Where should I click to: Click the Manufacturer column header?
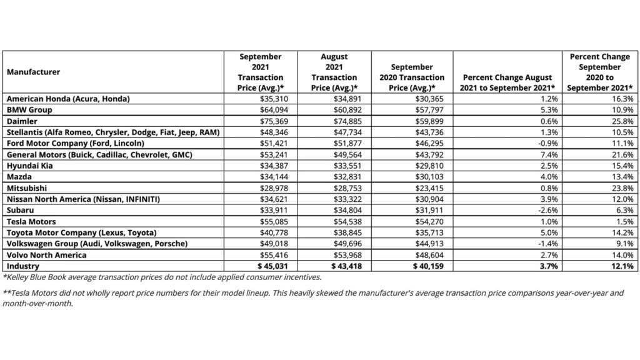coord(34,72)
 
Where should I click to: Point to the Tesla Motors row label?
coord(31,222)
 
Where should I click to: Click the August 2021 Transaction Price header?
coord(334,72)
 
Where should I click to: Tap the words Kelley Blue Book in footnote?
coord(32,277)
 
